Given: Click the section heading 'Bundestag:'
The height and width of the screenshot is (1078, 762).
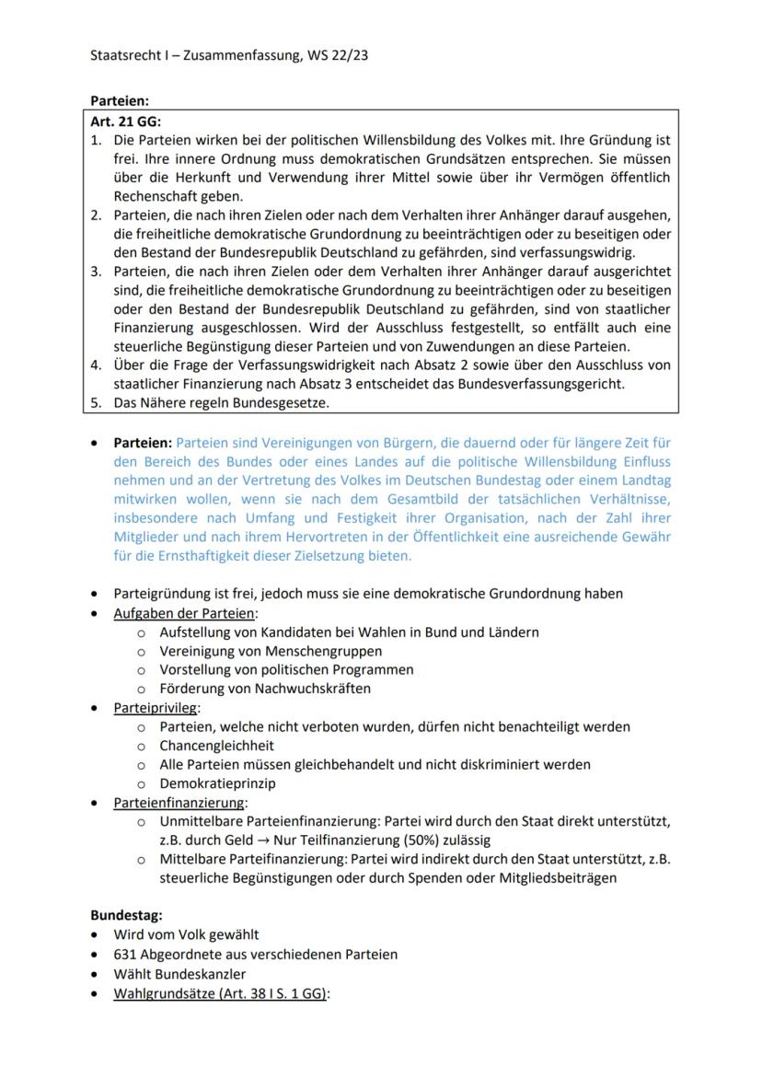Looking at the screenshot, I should [126, 915].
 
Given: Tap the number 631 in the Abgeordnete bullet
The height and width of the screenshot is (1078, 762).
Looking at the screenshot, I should [126, 954].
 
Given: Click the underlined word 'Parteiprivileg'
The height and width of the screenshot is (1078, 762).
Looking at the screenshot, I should [156, 708].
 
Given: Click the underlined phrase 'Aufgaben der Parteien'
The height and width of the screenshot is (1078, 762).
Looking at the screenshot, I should [184, 613].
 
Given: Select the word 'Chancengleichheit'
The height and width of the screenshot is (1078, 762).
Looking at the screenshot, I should [216, 746].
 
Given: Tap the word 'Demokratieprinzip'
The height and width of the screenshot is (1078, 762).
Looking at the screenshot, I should [217, 783].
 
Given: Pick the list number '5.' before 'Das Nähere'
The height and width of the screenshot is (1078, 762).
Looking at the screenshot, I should [96, 402].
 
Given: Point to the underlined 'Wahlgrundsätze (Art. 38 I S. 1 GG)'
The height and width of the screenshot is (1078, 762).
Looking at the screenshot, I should [220, 993].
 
